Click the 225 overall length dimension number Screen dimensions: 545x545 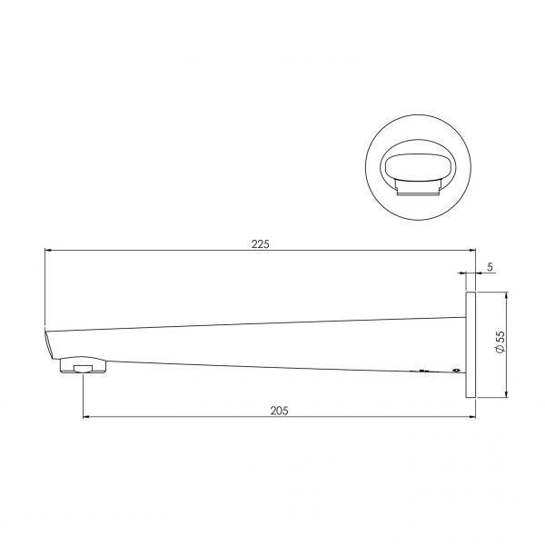262,243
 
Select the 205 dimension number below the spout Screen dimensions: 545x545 279,411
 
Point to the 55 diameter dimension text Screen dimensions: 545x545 500,341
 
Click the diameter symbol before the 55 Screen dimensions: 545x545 500,354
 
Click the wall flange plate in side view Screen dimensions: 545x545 471,344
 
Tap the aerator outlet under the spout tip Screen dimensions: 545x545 84,368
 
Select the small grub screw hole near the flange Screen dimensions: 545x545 454,371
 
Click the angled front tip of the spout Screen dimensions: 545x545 47,345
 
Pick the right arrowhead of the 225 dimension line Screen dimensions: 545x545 473,250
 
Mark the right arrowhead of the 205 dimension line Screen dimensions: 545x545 473,418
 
